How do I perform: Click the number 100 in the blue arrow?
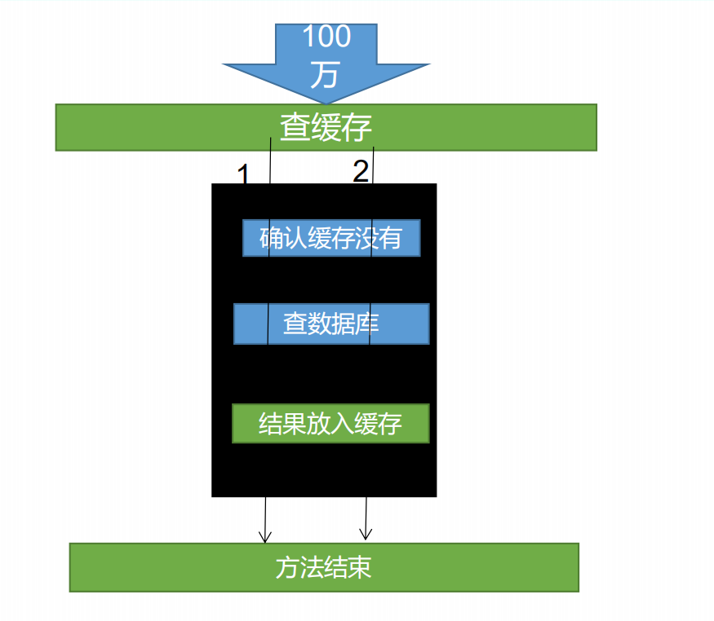[x=326, y=37]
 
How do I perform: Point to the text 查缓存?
[x=326, y=128]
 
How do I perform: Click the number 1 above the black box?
[x=242, y=174]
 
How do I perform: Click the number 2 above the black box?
[x=361, y=171]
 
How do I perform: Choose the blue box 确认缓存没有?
[x=331, y=238]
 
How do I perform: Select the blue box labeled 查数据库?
[x=331, y=324]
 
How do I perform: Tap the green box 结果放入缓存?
[x=330, y=424]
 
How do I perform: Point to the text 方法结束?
[x=324, y=568]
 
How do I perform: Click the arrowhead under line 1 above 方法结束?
[x=264, y=537]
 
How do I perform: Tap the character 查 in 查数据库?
[x=295, y=324]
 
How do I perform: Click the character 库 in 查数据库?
[x=367, y=324]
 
